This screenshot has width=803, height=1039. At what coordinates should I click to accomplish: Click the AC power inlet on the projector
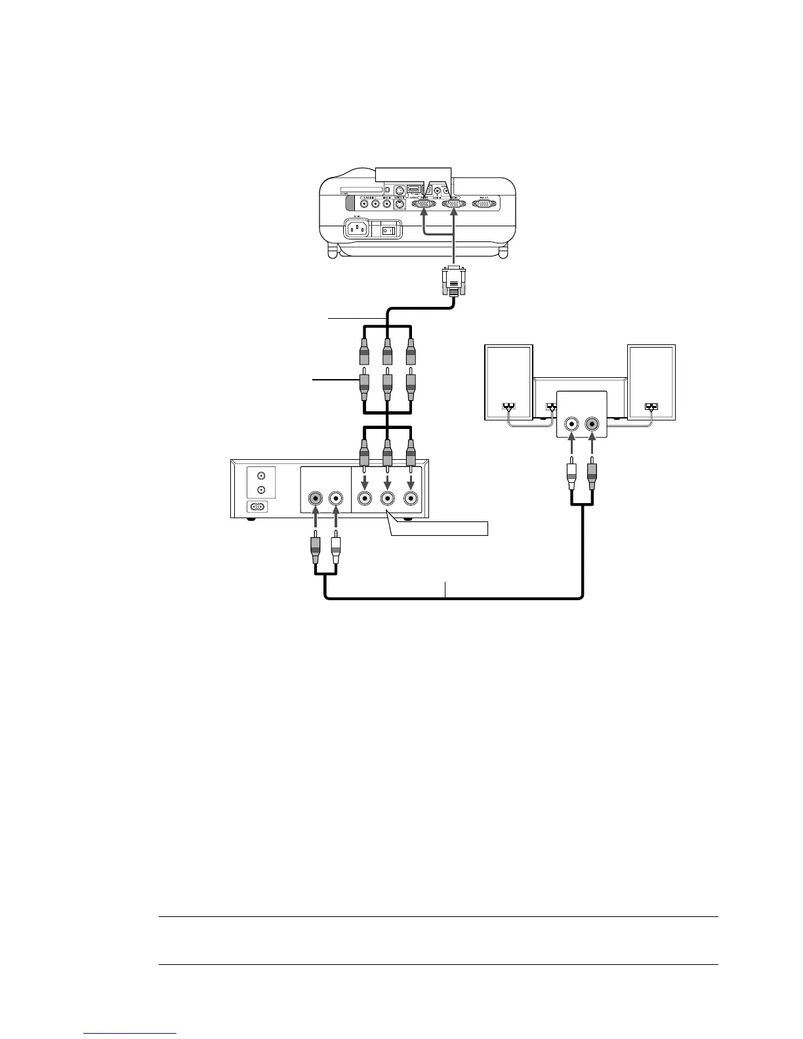pyautogui.click(x=356, y=230)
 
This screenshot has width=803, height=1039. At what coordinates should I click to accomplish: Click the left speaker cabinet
pyautogui.click(x=508, y=382)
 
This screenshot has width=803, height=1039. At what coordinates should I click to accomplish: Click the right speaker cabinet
pyautogui.click(x=651, y=382)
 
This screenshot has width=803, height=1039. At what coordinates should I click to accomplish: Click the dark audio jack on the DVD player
pyautogui.click(x=316, y=499)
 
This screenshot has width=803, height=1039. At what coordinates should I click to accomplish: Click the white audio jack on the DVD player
pyautogui.click(x=336, y=499)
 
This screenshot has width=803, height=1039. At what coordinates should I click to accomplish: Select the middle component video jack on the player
pyautogui.click(x=387, y=499)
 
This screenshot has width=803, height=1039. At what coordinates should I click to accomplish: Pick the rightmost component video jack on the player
pyautogui.click(x=411, y=499)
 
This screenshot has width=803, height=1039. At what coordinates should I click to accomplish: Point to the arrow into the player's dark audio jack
pyautogui.click(x=316, y=522)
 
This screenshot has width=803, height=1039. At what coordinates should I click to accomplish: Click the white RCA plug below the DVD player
pyautogui.click(x=336, y=550)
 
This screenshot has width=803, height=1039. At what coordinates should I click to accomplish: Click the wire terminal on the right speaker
pyautogui.click(x=651, y=406)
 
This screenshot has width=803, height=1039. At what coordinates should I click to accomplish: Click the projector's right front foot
pyautogui.click(x=503, y=252)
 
